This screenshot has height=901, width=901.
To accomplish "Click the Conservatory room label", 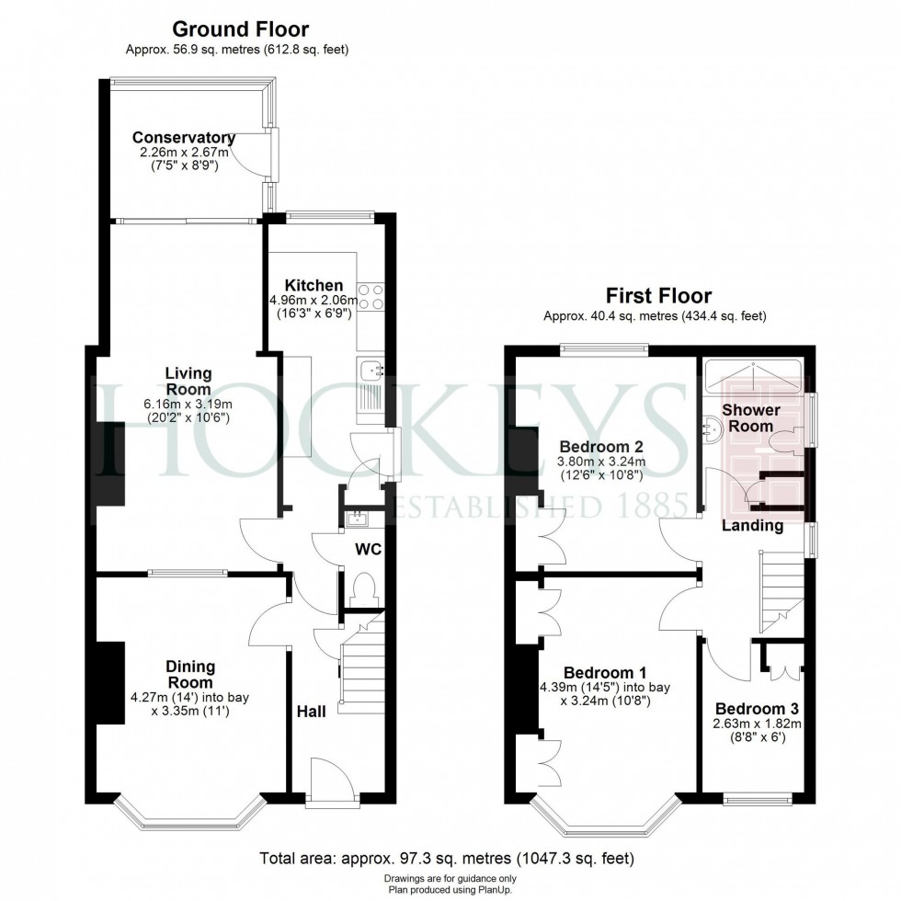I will (x=184, y=138).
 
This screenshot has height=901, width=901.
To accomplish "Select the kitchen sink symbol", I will (x=371, y=371).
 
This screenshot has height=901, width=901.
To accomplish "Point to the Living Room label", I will (x=188, y=381).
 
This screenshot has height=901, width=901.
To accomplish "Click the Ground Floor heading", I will (x=241, y=30).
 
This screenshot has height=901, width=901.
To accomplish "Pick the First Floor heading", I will (x=657, y=296).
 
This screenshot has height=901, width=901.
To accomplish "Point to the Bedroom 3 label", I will (x=757, y=709).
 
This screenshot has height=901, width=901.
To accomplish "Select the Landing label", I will (x=752, y=526).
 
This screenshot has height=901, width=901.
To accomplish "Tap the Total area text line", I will (x=448, y=860).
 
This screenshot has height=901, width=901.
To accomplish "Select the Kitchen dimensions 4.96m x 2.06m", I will (x=313, y=300).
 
